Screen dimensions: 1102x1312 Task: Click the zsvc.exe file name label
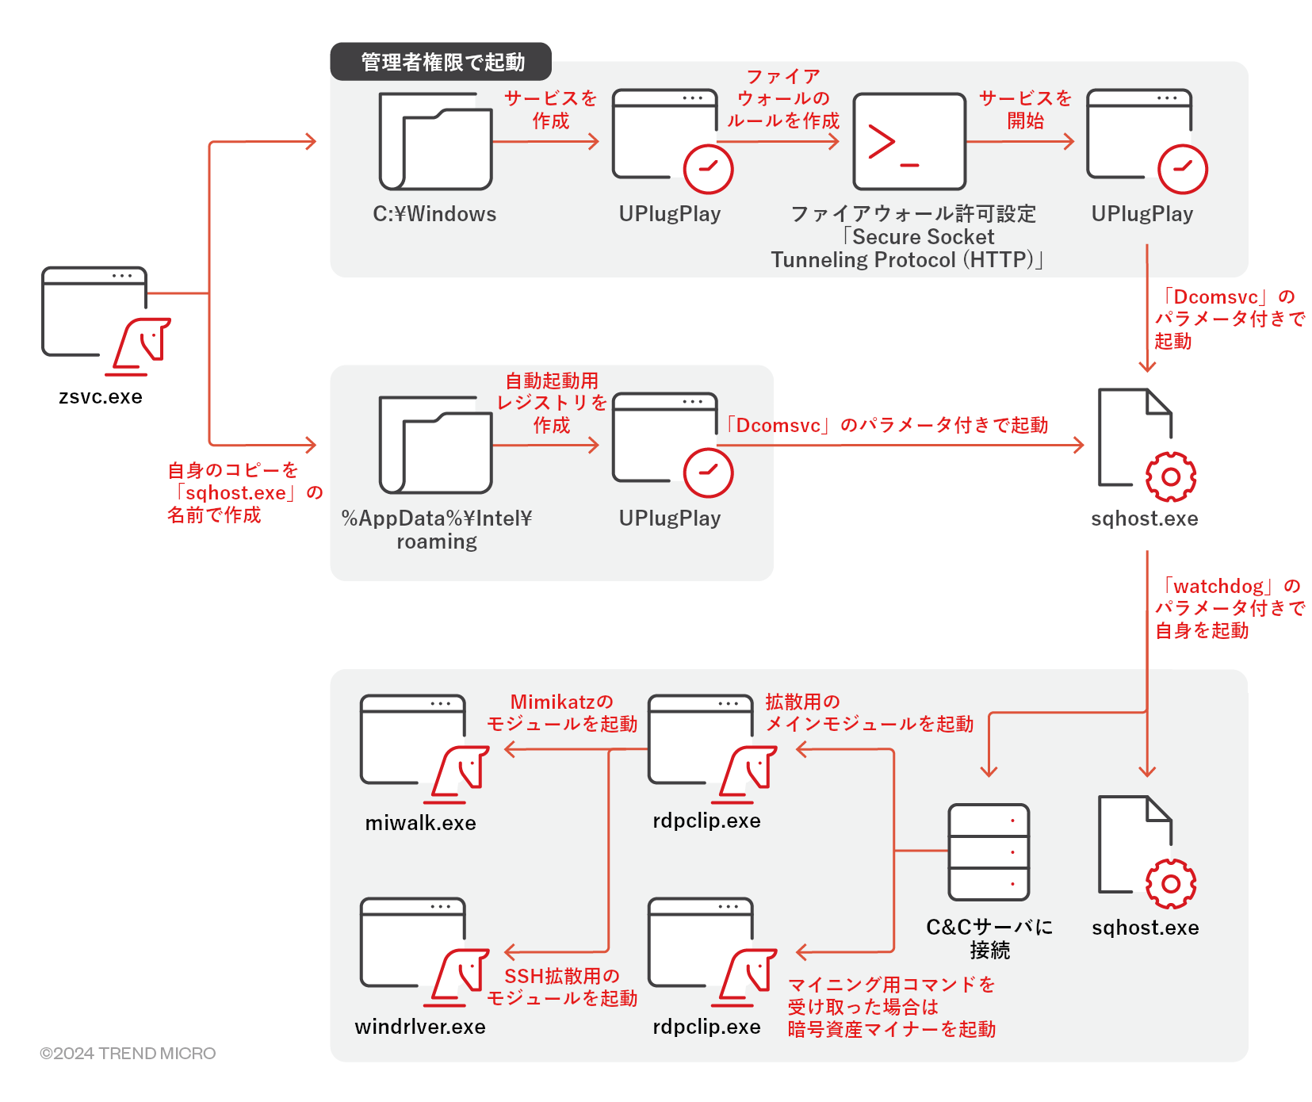(x=101, y=396)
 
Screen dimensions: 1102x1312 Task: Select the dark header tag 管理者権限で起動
(x=442, y=62)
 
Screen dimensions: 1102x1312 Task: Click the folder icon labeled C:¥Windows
(x=435, y=142)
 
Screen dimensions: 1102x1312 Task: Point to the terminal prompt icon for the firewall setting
(x=908, y=142)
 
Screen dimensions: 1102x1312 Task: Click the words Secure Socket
(x=923, y=237)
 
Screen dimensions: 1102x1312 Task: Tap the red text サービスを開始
(x=1025, y=109)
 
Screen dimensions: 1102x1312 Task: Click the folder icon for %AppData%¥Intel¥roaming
(x=435, y=446)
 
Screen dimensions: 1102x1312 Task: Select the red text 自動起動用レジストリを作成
(x=552, y=403)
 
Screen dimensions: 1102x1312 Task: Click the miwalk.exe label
(x=420, y=823)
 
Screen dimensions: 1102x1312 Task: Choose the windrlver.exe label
(x=420, y=1027)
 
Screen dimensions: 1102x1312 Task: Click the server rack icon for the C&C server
(x=989, y=852)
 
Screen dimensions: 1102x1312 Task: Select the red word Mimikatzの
(x=561, y=702)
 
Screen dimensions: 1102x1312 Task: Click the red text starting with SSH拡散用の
(x=562, y=987)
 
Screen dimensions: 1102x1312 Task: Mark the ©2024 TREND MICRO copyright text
(x=128, y=1053)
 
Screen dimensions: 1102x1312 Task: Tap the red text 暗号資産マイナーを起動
(x=891, y=1029)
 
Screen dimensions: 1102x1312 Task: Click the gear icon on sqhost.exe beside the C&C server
(x=1170, y=883)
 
